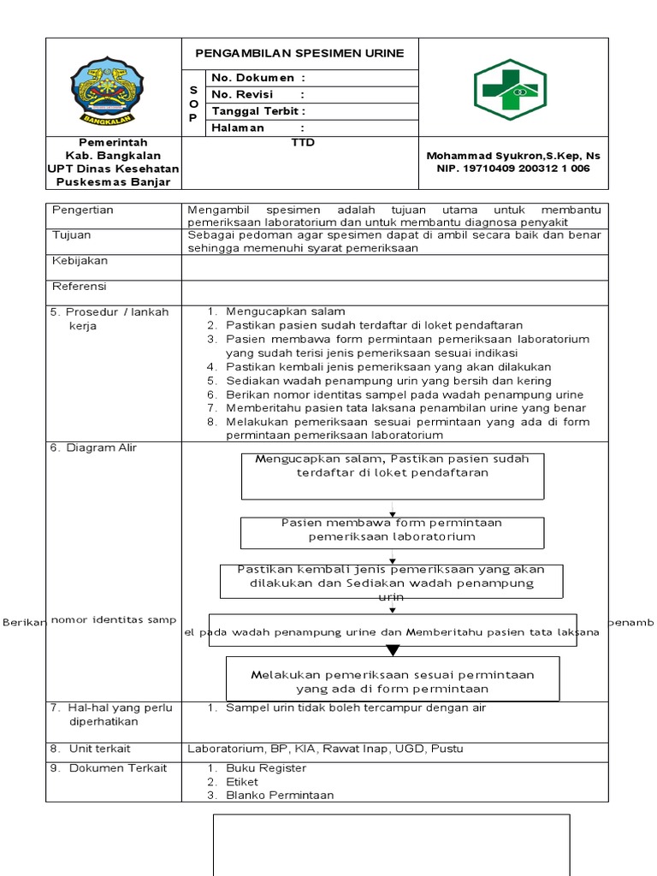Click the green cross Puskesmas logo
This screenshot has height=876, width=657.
tap(510, 86)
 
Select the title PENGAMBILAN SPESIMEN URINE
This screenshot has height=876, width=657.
tap(299, 53)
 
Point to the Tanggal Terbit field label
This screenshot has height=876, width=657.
tap(258, 111)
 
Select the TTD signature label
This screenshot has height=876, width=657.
tap(303, 143)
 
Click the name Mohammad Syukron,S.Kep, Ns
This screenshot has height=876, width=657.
tap(513, 155)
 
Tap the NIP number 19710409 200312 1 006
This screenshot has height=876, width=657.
tap(513, 169)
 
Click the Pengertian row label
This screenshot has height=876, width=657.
tap(83, 210)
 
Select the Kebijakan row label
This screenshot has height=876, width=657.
tap(80, 261)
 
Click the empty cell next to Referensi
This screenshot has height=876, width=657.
tap(394, 292)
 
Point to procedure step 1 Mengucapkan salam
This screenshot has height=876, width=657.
tap(285, 311)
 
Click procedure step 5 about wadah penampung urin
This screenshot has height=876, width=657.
tap(388, 381)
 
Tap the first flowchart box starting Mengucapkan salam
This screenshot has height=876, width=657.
tap(393, 476)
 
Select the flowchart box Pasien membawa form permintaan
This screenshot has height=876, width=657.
tap(393, 531)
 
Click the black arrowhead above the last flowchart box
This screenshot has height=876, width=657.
tap(392, 649)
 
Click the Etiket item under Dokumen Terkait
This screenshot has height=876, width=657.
tap(242, 782)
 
